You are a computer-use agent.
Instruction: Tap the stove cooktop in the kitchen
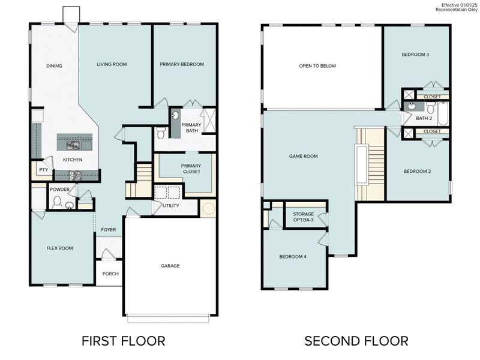(75, 176)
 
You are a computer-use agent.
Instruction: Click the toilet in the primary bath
(160, 133)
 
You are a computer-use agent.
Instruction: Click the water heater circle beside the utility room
(208, 209)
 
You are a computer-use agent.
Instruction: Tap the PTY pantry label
(43, 170)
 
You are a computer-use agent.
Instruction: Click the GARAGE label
(170, 266)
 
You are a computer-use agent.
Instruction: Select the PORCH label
(110, 274)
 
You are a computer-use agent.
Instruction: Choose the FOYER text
(108, 230)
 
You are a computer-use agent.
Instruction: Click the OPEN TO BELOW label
(317, 66)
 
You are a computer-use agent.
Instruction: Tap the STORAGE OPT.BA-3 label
(303, 217)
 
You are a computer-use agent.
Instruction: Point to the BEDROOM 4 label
(293, 257)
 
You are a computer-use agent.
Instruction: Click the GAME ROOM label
(303, 156)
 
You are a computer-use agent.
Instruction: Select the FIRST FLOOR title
(123, 341)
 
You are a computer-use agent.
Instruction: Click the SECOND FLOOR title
(356, 341)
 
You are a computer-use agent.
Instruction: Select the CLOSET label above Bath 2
(432, 97)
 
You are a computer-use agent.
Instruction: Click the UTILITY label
(171, 206)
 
